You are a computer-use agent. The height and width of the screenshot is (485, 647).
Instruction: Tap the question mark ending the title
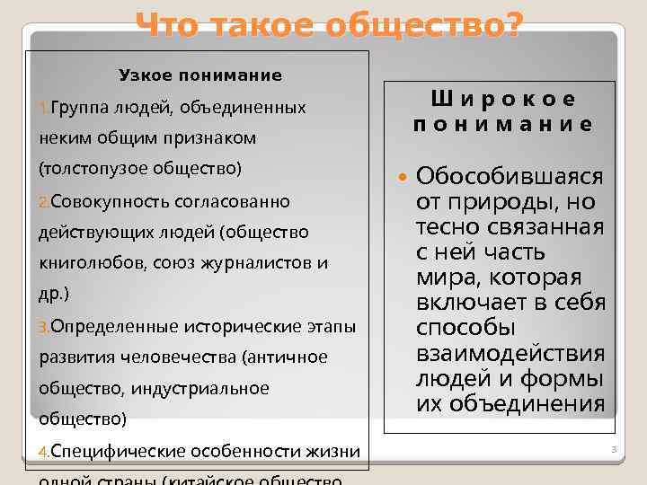click(510, 27)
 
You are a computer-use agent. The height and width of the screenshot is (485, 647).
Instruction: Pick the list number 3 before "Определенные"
click(44, 326)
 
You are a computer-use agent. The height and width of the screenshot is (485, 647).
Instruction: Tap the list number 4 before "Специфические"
click(44, 451)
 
